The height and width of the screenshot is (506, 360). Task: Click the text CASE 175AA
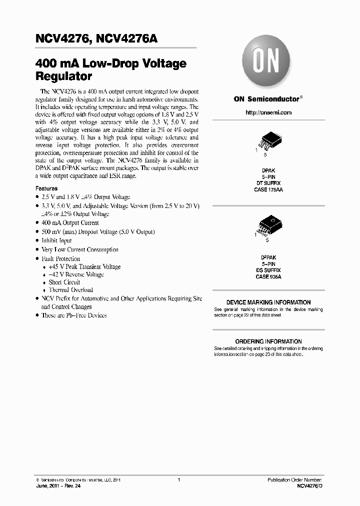(268, 190)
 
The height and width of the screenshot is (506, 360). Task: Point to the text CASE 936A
(268, 276)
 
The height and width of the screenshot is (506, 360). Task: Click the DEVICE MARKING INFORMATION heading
(268, 302)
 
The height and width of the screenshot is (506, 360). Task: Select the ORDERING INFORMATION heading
(268, 341)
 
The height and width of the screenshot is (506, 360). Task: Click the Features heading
(46, 188)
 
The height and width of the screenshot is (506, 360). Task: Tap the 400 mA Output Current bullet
(70, 223)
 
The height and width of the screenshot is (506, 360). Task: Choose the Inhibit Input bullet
(56, 240)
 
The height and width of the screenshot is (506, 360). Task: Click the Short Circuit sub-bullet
(64, 282)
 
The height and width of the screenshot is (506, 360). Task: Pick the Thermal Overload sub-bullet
(70, 290)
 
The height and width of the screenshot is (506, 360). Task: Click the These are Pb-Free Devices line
(74, 315)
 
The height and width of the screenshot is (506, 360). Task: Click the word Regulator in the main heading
(63, 77)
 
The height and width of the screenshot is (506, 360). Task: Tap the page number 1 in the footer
(178, 480)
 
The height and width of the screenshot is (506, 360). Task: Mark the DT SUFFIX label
(268, 183)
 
